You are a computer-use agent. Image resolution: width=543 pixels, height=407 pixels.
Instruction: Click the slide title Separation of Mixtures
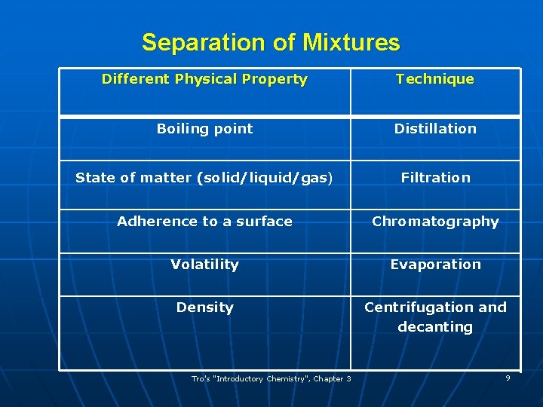tap(271, 42)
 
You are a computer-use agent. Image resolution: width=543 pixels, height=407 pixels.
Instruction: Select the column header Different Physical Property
tap(204, 79)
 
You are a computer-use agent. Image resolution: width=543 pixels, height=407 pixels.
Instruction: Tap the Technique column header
tap(435, 79)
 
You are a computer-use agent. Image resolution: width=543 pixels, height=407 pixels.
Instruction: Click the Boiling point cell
tap(204, 129)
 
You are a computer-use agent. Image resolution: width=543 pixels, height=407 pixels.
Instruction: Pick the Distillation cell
tap(435, 129)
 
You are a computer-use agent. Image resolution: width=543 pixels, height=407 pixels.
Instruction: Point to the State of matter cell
tap(204, 178)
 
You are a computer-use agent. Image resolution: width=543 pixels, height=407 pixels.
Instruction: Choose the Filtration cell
tap(435, 178)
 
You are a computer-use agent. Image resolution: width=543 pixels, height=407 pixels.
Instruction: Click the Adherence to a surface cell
tap(204, 222)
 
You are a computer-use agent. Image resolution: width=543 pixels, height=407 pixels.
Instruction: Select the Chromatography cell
tap(435, 222)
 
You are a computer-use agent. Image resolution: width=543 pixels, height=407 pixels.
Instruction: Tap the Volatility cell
tap(204, 265)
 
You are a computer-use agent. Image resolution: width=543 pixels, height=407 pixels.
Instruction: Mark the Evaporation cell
tap(435, 265)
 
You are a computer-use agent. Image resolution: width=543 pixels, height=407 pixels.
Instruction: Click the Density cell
tap(204, 308)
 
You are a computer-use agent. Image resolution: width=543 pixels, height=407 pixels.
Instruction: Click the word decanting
tap(435, 327)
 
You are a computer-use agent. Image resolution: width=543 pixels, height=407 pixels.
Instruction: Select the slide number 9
tap(508, 378)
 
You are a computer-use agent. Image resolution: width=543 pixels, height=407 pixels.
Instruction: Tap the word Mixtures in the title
tap(351, 42)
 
